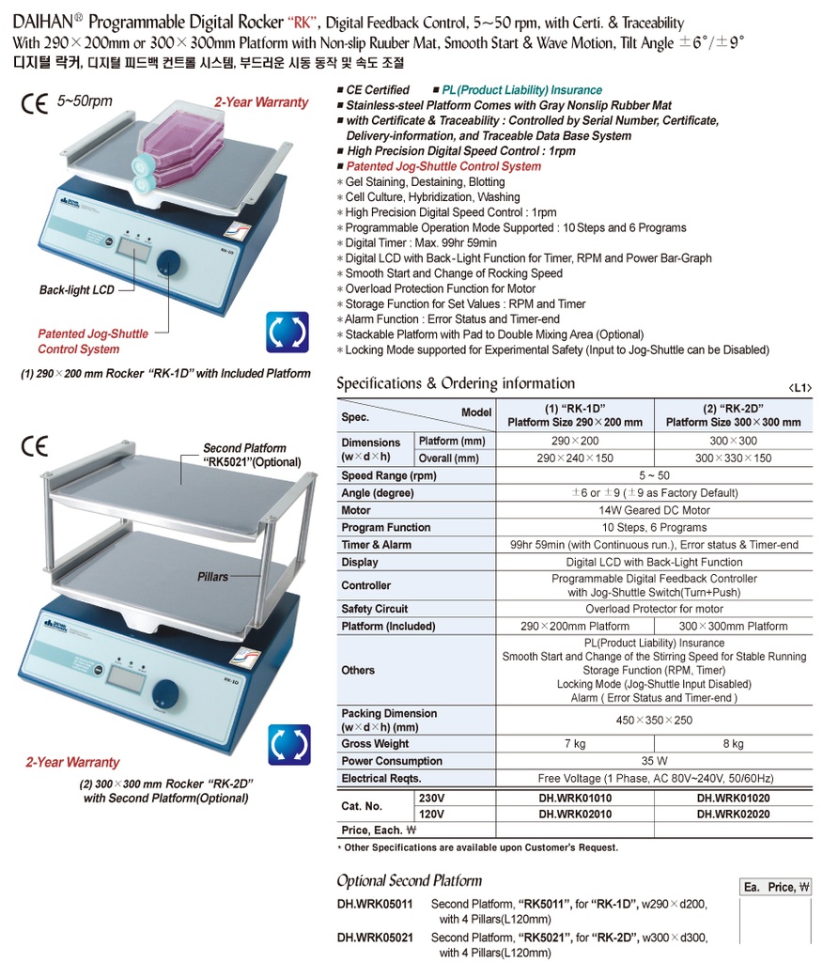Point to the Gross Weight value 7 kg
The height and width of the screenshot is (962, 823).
point(574,743)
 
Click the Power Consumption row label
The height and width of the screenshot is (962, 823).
point(392,761)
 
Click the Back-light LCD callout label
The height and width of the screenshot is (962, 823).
point(77,290)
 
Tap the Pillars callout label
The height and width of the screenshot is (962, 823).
point(213,576)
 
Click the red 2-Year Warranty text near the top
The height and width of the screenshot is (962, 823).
point(261,102)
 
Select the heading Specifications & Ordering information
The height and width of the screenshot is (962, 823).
point(456,383)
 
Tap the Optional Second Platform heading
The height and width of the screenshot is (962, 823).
point(409,880)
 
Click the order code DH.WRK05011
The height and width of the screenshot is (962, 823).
point(375,904)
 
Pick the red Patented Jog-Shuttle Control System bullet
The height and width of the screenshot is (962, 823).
point(443,166)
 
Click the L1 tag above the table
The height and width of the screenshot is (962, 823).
point(800,387)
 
